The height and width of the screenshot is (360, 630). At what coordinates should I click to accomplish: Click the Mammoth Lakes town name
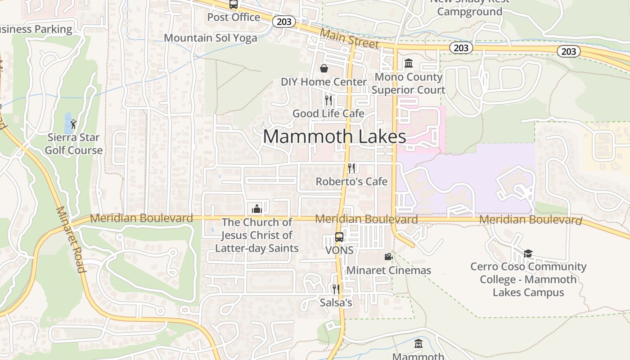334,136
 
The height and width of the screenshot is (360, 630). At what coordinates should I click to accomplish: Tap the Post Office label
234,17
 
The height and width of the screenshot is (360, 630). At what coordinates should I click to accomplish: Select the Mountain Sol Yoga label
210,38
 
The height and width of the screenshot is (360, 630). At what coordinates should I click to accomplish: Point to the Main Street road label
349,39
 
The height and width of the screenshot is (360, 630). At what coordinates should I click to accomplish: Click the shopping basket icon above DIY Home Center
324,68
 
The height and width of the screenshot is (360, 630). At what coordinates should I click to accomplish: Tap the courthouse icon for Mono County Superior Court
409,63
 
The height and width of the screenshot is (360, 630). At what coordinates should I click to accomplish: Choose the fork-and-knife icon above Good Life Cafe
328,100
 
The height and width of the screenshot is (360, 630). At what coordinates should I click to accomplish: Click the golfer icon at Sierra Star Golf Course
73,124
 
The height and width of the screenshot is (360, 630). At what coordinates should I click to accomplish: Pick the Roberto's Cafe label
351,181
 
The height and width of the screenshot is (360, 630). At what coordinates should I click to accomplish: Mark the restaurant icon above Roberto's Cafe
351,168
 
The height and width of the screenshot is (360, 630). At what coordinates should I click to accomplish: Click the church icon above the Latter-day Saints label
257,209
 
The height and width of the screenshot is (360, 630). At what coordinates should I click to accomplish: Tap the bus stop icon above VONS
339,237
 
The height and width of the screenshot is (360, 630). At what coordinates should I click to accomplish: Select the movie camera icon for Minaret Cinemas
388,256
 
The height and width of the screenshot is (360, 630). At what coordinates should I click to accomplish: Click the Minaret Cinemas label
388,270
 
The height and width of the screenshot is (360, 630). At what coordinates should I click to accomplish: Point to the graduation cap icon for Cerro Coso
528,253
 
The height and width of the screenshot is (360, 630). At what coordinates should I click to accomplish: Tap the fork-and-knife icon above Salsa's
336,289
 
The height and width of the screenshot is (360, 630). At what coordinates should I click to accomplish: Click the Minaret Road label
71,240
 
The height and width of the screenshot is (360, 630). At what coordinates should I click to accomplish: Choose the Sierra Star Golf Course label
74,144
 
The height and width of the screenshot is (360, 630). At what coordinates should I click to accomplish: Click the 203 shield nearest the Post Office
284,21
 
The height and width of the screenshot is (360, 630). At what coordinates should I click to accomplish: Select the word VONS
339,250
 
